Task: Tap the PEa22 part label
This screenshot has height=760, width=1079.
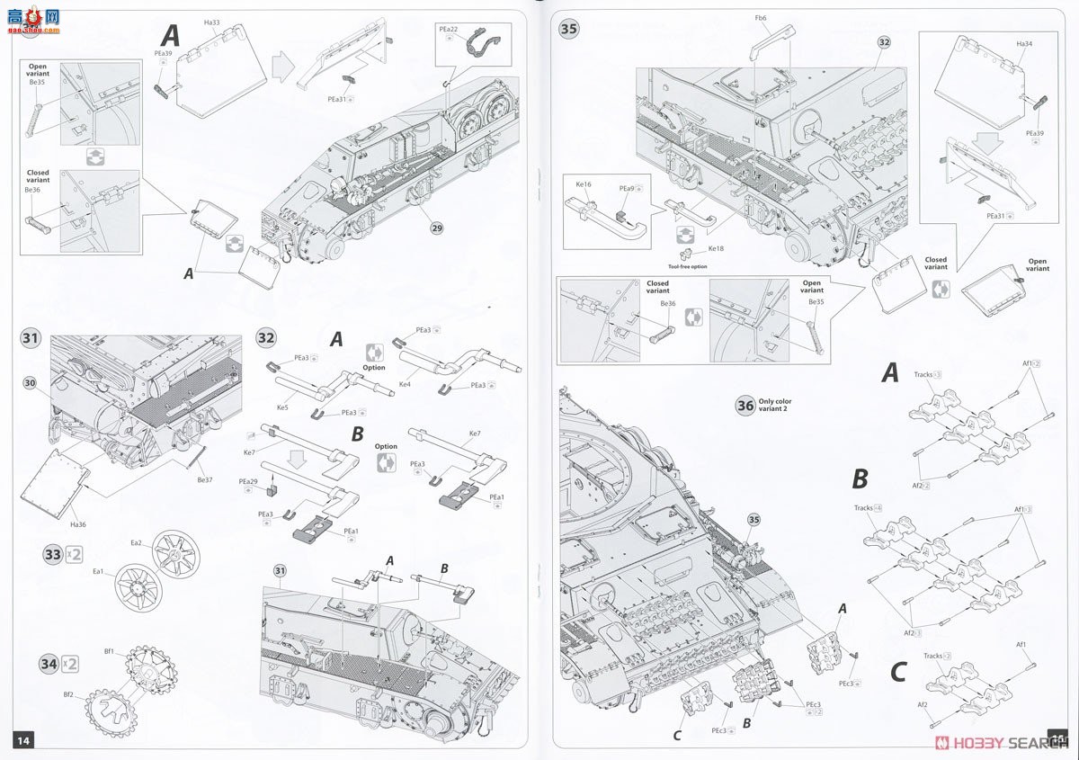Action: [x=449, y=29]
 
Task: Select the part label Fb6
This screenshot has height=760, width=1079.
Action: [x=761, y=17]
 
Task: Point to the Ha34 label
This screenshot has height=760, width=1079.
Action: [x=1024, y=43]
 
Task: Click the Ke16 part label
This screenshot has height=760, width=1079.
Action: [x=584, y=183]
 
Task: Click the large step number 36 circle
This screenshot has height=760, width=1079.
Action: [x=745, y=406]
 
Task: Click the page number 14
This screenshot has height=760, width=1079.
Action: [x=22, y=739]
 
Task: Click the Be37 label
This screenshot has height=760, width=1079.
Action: [x=205, y=478]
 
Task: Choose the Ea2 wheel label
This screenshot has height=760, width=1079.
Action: [x=136, y=542]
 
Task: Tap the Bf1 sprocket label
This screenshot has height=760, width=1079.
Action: [x=108, y=652]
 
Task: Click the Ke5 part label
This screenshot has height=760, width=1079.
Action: [x=282, y=407]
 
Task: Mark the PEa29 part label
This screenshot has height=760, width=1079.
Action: [x=248, y=481]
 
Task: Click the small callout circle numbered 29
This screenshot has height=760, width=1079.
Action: [x=436, y=228]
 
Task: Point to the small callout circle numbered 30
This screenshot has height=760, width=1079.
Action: [x=30, y=384]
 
